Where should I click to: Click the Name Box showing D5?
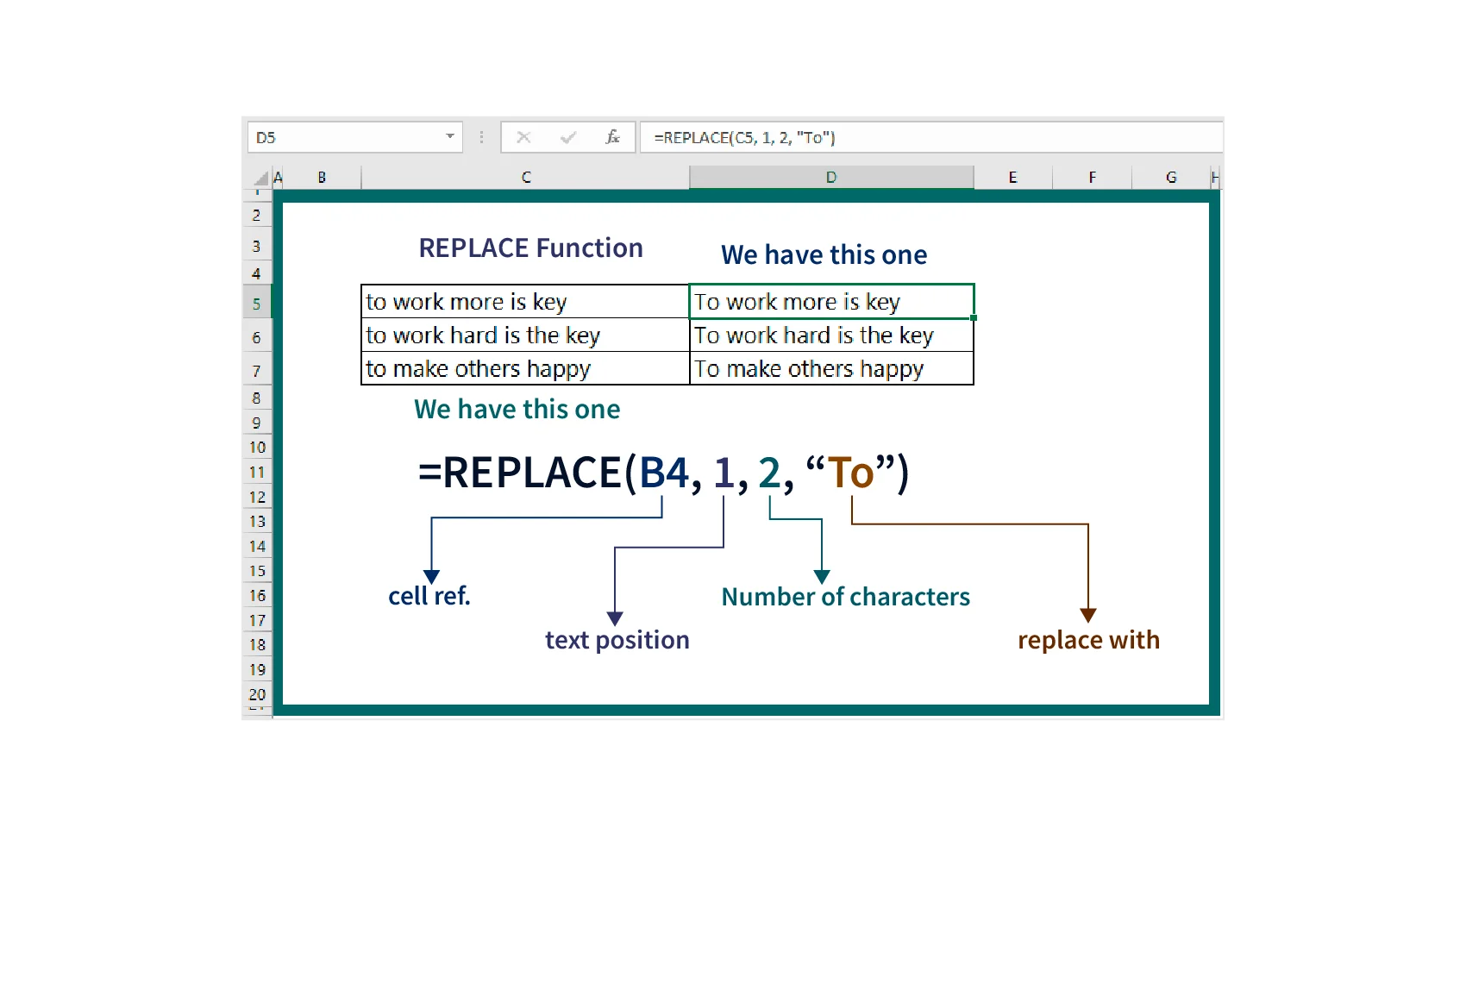tap(354, 137)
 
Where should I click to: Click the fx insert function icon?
tap(612, 137)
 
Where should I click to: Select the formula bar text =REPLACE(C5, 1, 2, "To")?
tap(745, 137)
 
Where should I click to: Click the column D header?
tap(831, 178)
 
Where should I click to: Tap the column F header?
tap(1092, 178)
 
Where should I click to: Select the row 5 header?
tap(257, 303)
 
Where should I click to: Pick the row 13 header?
tap(257, 522)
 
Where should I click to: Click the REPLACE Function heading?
tap(530, 248)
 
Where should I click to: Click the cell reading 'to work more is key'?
tap(525, 302)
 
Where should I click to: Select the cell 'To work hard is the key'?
tap(832, 335)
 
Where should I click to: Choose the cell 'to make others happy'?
tap(525, 368)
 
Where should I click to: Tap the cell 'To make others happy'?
tap(832, 368)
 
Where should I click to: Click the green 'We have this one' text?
tap(517, 409)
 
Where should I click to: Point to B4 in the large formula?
tap(664, 472)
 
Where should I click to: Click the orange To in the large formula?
tap(851, 472)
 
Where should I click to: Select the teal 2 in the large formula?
tap(769, 472)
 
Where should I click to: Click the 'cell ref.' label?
tap(429, 596)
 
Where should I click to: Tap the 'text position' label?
tap(617, 640)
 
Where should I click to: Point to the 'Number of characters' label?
tap(846, 597)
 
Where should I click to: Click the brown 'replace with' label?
tap(1089, 640)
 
